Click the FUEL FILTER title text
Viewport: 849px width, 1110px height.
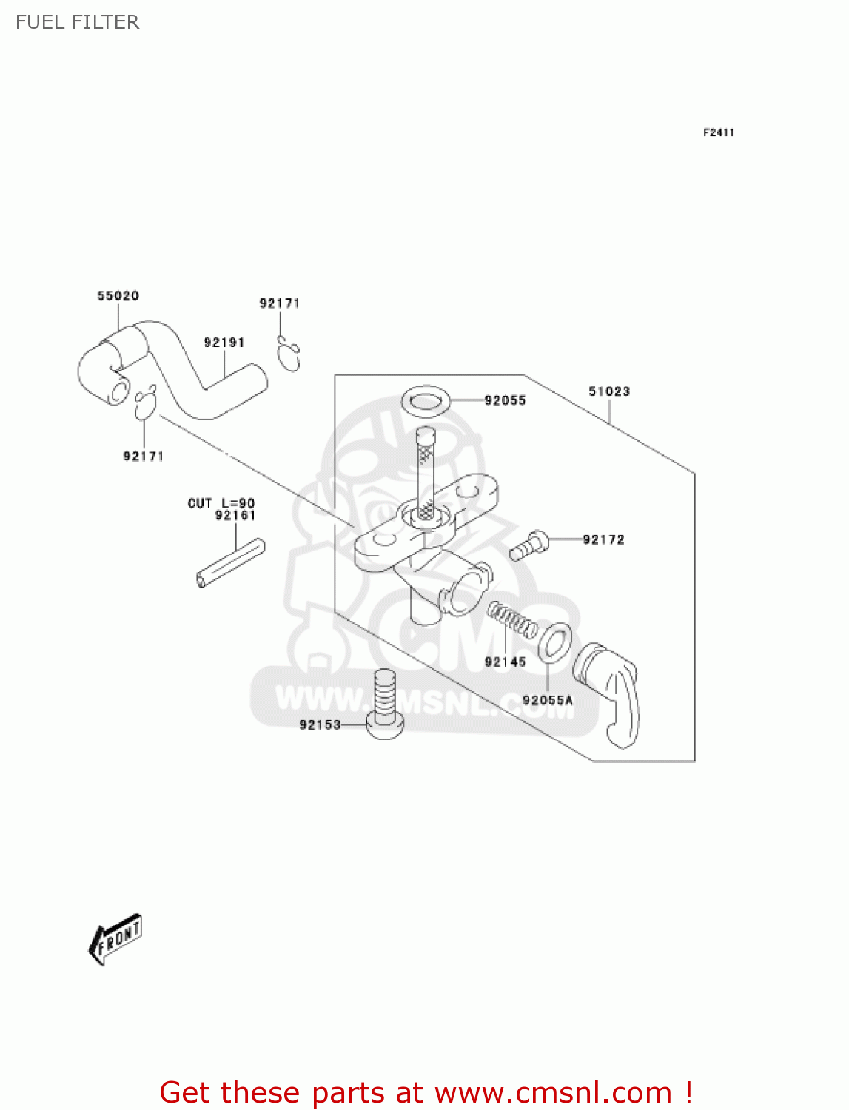point(77,22)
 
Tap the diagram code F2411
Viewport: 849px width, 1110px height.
point(718,132)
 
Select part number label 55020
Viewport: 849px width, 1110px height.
point(118,296)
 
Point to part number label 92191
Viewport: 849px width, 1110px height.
point(224,343)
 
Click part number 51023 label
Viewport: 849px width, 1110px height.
point(608,391)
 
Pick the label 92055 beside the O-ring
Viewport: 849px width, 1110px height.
point(505,401)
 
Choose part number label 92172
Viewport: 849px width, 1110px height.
point(603,540)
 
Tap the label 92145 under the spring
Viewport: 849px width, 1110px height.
point(505,662)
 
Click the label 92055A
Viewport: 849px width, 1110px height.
point(547,700)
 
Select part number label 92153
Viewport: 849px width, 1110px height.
point(320,725)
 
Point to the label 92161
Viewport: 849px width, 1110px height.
point(235,516)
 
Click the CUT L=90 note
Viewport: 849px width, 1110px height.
point(221,503)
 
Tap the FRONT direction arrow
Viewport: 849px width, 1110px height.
point(115,939)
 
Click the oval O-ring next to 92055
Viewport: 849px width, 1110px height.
point(426,401)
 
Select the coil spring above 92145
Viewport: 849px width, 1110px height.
point(512,620)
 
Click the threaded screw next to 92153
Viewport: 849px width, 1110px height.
point(385,703)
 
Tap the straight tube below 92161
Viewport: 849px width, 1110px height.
point(231,563)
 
